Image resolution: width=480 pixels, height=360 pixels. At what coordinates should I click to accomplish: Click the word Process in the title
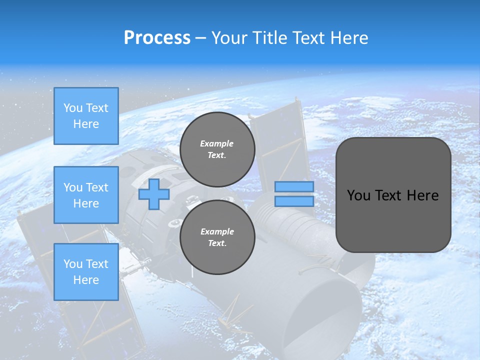click(x=157, y=38)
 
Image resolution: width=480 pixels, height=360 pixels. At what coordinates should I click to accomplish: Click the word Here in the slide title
click(x=348, y=38)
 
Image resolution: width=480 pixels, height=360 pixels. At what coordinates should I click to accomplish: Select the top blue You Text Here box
click(x=86, y=116)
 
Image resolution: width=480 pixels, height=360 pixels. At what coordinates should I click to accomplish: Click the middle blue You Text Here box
click(x=86, y=195)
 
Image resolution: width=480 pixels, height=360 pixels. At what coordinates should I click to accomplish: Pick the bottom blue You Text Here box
click(x=86, y=272)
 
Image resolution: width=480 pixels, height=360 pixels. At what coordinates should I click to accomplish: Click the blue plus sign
click(x=154, y=194)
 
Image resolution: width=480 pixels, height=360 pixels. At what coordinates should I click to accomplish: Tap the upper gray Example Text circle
click(x=217, y=149)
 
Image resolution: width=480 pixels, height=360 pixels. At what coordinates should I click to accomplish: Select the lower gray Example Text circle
click(x=217, y=237)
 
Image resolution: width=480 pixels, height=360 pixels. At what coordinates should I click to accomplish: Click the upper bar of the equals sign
click(x=294, y=186)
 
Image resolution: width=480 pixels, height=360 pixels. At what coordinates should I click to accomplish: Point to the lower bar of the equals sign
click(x=294, y=201)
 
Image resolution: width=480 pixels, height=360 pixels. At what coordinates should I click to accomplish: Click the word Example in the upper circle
click(x=217, y=143)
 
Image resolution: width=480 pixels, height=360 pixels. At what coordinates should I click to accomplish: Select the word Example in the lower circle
click(x=217, y=231)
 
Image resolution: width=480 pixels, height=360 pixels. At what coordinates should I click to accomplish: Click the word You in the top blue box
click(x=73, y=108)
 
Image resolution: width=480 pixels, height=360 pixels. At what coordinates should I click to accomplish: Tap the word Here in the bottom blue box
click(x=86, y=280)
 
